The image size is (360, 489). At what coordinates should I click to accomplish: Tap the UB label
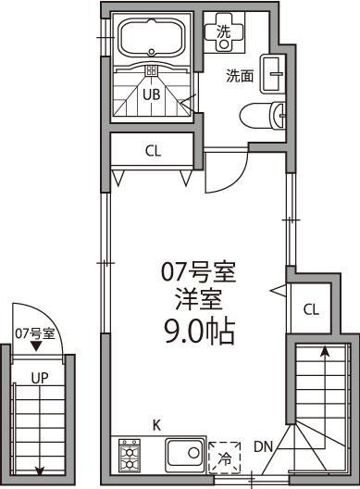coord(150,93)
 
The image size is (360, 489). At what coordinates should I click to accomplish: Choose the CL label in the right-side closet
coord(311,308)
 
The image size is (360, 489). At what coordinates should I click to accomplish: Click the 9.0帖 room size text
coord(198,332)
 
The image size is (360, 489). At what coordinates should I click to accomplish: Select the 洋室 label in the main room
coord(198,300)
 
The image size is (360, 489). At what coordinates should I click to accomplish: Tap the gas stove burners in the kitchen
coord(129,457)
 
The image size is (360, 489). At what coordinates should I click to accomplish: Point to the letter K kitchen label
coord(156,425)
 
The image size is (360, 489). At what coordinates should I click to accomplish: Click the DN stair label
coord(263,447)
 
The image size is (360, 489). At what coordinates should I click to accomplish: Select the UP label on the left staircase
coord(39,379)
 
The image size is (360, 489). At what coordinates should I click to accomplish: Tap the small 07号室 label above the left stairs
coord(35,333)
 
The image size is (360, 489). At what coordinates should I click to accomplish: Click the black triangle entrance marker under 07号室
coord(36,348)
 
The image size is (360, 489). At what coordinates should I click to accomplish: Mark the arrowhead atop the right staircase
coord(324,350)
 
